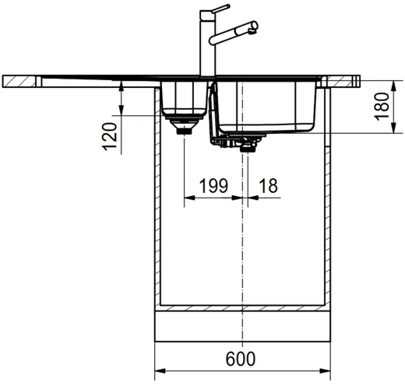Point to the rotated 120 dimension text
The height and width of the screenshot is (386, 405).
110,136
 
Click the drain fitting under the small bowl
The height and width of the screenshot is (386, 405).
184,125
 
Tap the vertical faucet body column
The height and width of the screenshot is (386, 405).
207,47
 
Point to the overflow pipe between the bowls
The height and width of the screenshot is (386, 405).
213,117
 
